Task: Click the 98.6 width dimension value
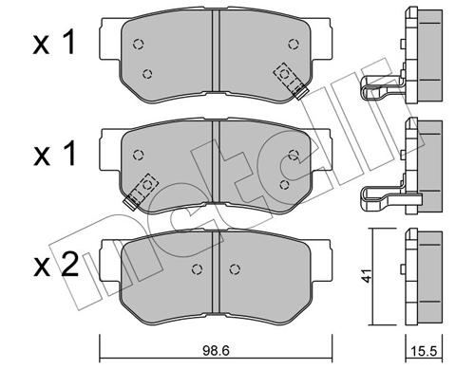(216, 351)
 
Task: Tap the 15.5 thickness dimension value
(424, 351)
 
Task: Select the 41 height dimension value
(367, 275)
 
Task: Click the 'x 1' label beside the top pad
(54, 43)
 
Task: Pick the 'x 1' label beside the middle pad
(54, 154)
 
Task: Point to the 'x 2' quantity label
(56, 265)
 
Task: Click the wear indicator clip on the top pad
(291, 81)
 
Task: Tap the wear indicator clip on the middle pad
(141, 192)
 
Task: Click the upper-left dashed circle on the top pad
(138, 44)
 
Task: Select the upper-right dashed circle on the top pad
(294, 44)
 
